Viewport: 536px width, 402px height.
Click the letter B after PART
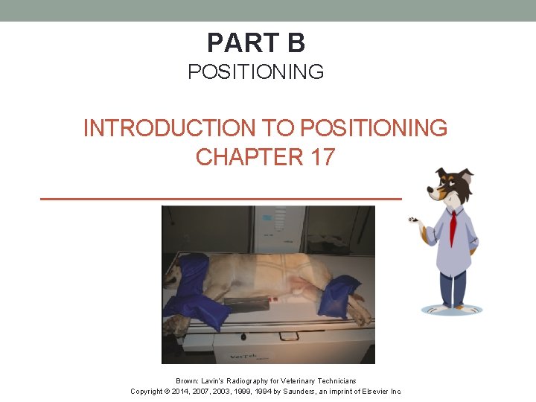coord(296,43)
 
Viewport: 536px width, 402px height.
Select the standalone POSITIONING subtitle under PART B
coord(255,72)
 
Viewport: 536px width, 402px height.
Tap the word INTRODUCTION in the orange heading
coord(167,128)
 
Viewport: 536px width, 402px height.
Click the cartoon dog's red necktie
coord(453,226)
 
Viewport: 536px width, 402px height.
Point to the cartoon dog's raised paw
coord(413,220)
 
